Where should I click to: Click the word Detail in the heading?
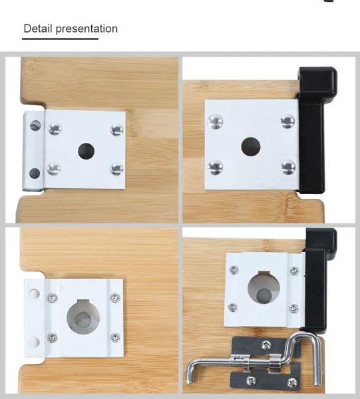(x=38, y=28)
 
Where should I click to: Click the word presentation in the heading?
(x=87, y=29)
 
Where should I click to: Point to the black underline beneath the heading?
(x=60, y=39)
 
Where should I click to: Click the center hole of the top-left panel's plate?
(x=86, y=151)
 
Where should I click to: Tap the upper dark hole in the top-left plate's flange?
(x=35, y=126)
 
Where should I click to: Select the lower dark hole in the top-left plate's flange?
(x=35, y=174)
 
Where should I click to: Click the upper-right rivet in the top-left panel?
(x=117, y=130)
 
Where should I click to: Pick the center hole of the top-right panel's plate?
(x=250, y=146)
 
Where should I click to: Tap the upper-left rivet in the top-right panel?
(x=215, y=122)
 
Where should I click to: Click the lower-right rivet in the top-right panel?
(x=288, y=168)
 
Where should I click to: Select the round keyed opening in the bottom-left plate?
(x=83, y=317)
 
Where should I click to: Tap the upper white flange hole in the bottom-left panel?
(x=34, y=293)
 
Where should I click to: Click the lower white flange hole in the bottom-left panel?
(x=34, y=342)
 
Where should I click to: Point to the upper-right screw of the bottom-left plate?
(x=115, y=298)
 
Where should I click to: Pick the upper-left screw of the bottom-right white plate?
(x=234, y=270)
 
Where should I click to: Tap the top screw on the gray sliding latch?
(x=266, y=345)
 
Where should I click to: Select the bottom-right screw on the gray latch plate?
(x=291, y=382)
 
